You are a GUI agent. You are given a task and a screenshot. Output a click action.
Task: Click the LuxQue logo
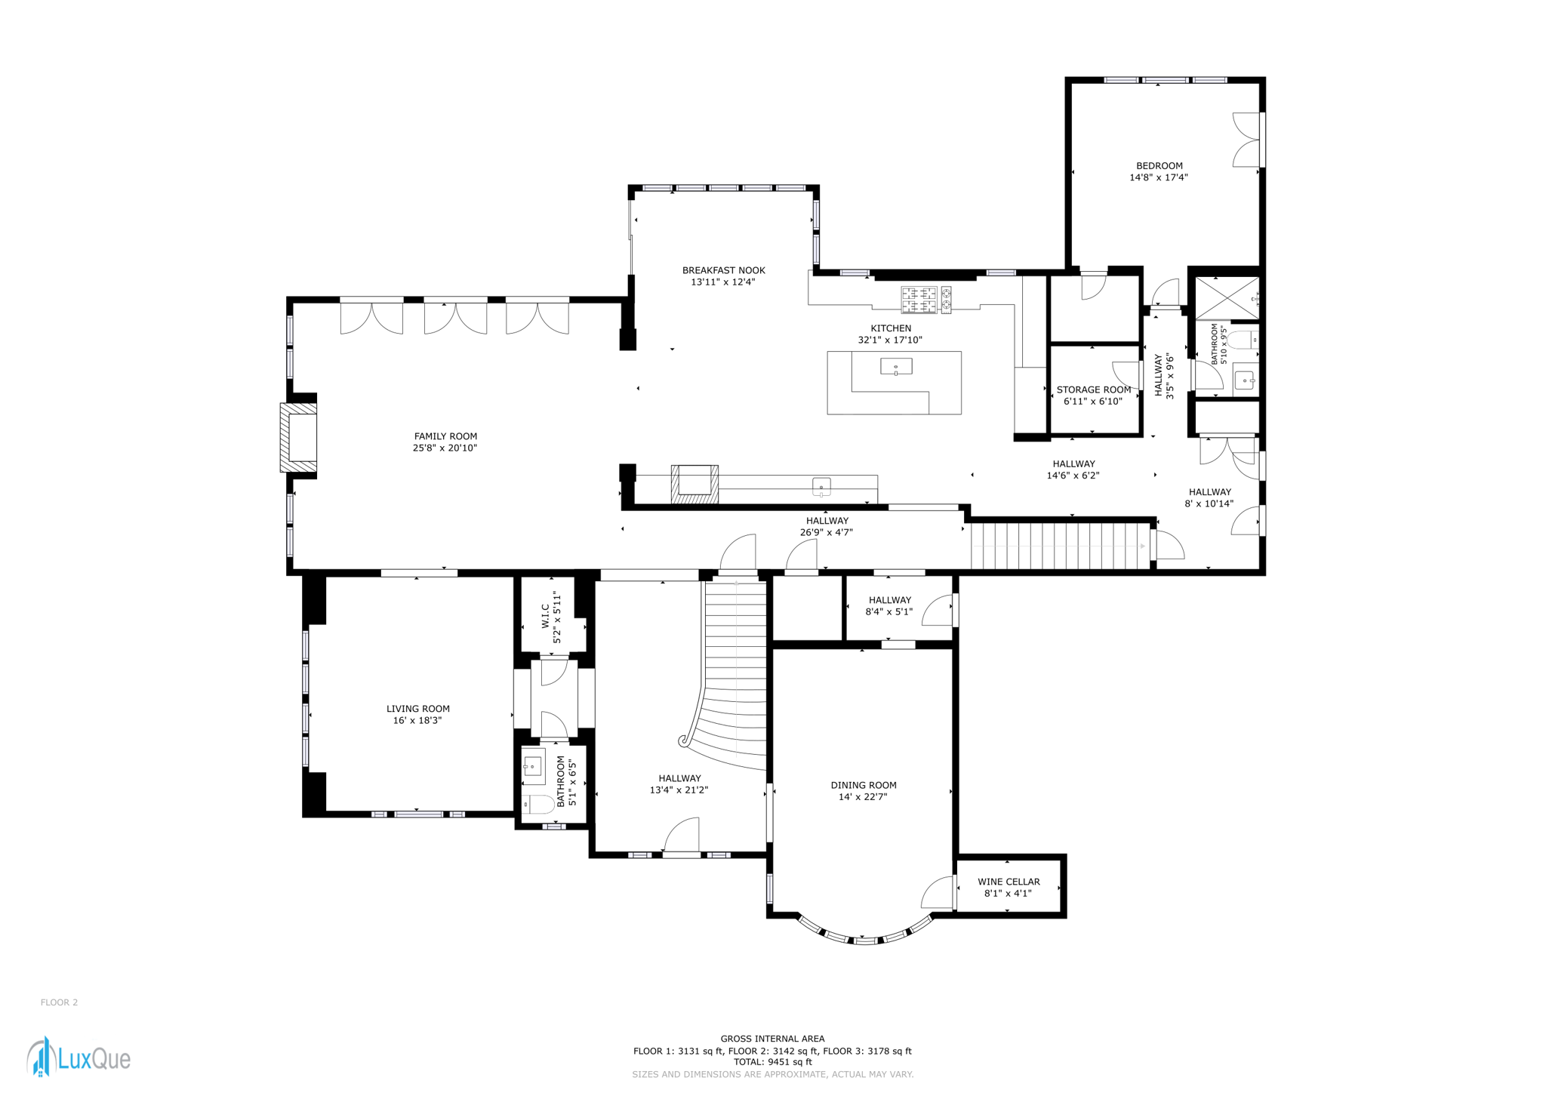click(79, 1057)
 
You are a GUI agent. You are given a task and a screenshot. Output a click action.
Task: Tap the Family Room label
click(445, 436)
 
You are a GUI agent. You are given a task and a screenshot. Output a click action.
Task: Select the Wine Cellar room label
click(1009, 882)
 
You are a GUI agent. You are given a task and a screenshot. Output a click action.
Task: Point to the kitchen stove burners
click(926, 300)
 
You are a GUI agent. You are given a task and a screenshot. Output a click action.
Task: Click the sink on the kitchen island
click(896, 367)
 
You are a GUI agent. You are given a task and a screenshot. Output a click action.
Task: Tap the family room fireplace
click(298, 438)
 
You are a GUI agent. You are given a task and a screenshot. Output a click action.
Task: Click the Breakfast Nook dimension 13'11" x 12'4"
click(723, 282)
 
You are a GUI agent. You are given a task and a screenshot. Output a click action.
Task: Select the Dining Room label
click(864, 785)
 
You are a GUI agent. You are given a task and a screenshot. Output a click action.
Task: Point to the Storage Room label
click(1094, 390)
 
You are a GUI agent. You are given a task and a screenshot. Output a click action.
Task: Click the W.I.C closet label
click(545, 616)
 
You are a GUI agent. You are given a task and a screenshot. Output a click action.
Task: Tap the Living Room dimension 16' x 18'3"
click(417, 721)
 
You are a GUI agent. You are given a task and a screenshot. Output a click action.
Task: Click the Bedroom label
click(1159, 166)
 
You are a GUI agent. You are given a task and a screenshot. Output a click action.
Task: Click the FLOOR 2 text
click(60, 1002)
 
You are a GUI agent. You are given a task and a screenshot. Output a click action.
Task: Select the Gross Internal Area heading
click(772, 1039)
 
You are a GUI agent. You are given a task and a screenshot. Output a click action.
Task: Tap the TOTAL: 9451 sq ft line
click(772, 1062)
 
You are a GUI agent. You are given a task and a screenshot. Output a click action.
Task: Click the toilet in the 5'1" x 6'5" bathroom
click(538, 804)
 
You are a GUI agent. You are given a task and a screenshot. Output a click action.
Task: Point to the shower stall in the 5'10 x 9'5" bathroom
click(1227, 298)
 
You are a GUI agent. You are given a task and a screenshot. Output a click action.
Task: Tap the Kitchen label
click(891, 328)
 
